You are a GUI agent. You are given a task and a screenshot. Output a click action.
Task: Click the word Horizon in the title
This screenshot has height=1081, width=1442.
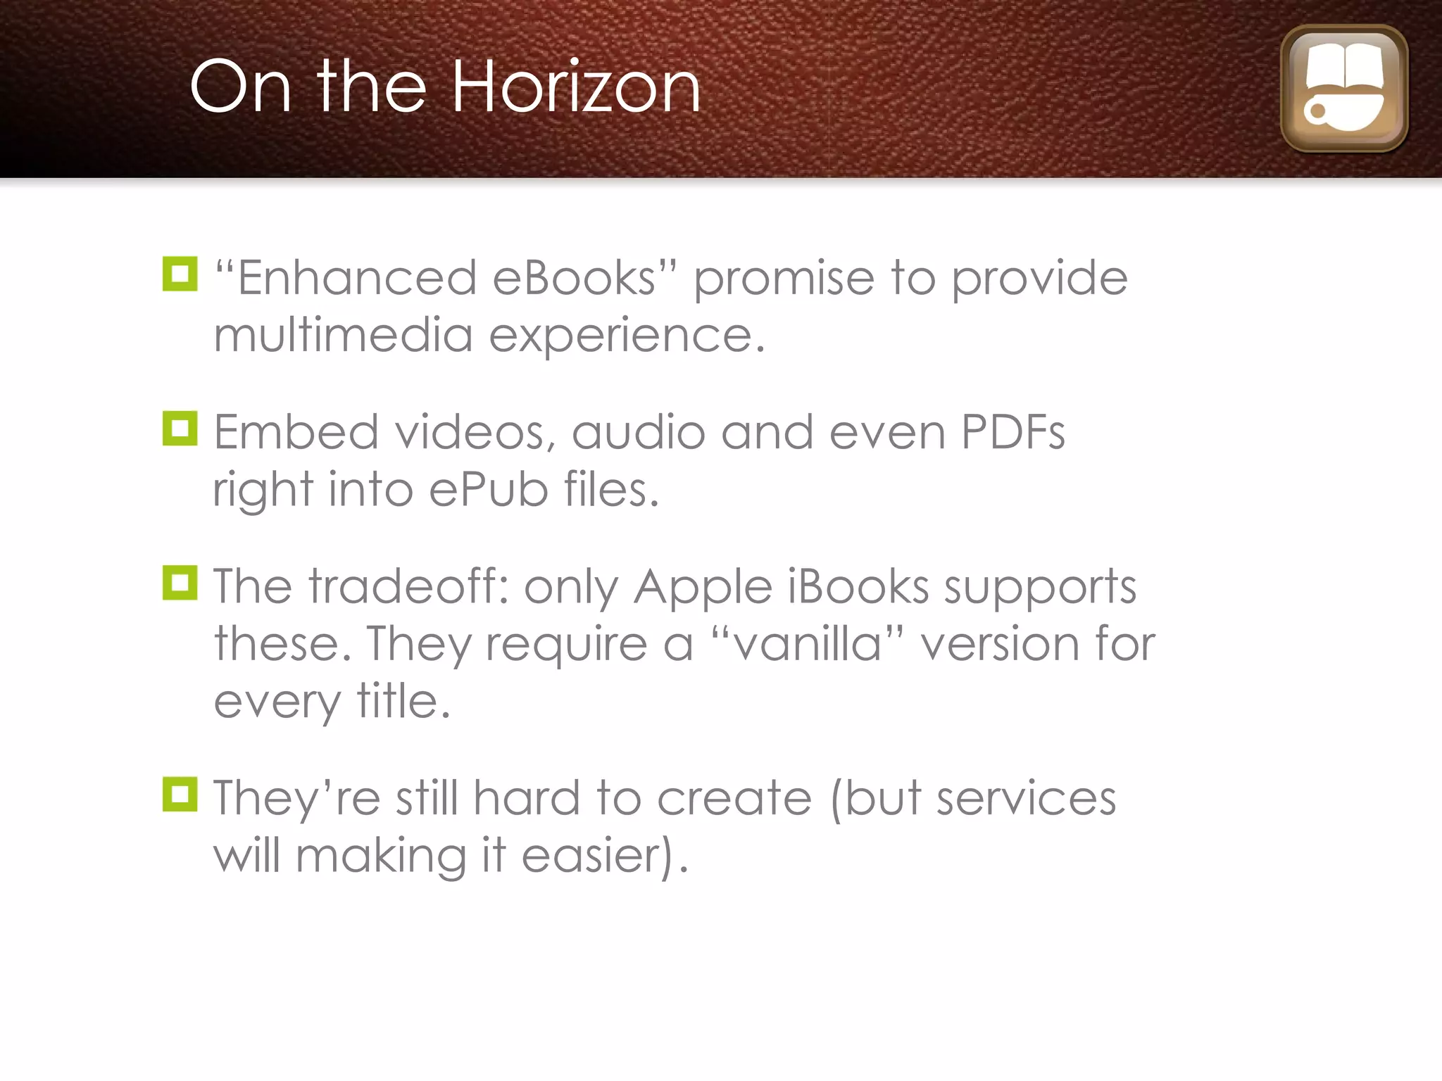(576, 87)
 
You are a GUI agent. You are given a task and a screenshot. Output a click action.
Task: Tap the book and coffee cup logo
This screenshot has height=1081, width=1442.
(1343, 89)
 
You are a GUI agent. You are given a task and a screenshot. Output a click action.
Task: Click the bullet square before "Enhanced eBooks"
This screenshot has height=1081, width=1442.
(180, 274)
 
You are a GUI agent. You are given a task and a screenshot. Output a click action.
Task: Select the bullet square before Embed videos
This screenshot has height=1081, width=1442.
(180, 428)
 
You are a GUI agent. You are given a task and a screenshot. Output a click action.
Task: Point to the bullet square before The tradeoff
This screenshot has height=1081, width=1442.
(180, 583)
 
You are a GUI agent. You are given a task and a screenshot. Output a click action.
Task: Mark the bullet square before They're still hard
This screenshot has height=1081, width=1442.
(180, 794)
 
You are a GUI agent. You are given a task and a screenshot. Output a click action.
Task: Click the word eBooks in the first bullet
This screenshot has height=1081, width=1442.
(574, 278)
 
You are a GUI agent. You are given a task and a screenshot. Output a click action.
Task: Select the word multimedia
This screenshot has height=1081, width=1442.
(343, 335)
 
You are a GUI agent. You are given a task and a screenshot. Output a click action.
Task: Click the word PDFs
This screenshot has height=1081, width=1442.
(1012, 432)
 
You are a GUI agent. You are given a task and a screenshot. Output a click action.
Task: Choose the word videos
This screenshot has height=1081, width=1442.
(475, 432)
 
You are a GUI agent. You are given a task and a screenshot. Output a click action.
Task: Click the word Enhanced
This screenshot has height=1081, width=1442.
(357, 278)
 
